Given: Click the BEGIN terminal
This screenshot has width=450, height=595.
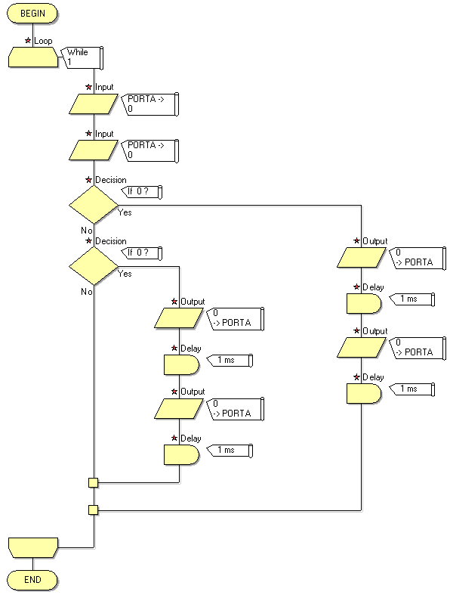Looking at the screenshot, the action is pos(32,14).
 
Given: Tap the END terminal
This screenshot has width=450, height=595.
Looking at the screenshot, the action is pos(32,579).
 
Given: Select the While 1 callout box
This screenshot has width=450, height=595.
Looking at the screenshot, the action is pos(82,57).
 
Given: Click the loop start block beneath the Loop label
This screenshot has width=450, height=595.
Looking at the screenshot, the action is pos(33,57).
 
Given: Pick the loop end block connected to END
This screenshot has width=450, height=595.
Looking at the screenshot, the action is pos(33,547).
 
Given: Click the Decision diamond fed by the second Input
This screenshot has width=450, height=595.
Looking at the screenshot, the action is pos(94,205).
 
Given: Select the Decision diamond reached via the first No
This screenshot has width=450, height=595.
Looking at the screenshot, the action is pos(94,266).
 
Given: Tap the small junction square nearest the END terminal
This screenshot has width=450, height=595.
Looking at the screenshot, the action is pos(94,510).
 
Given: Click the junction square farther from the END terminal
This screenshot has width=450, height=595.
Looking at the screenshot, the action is pos(94,482).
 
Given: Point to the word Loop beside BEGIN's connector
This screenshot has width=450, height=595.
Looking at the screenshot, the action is pos(43,41).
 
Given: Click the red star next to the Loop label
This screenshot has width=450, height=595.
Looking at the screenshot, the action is pos(28,40).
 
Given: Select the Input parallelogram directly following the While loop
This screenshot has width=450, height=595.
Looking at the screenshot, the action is pos(94,104).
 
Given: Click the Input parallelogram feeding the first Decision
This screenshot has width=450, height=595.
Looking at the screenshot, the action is pos(94,150).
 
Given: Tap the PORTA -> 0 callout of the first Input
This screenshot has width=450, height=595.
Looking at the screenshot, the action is pos(149,104).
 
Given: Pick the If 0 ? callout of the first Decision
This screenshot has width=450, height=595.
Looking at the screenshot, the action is pos(142,191).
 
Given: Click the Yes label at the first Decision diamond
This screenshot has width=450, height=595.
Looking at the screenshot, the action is pos(125,212).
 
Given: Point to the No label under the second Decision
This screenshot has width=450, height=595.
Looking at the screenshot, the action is pos(87,292).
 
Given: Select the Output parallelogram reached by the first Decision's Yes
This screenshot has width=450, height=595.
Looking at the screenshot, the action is pos(362,258).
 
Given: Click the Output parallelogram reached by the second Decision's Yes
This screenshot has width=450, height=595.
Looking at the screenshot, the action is pos(179,318).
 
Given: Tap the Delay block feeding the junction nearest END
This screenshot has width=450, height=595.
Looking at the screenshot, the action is pos(364,393).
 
